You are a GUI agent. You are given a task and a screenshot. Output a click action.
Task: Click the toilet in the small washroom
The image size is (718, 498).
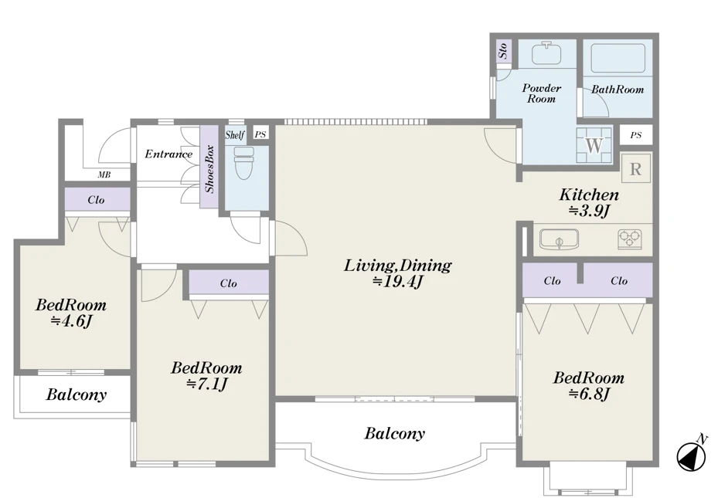click(x=244, y=163)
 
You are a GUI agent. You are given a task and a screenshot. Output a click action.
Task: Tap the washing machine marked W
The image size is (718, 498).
click(x=594, y=145)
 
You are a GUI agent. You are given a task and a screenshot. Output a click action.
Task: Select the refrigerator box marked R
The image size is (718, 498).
click(x=635, y=169)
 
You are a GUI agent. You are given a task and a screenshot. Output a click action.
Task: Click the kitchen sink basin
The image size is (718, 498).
click(x=559, y=239)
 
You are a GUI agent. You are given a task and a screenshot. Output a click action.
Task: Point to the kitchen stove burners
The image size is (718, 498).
click(x=629, y=239)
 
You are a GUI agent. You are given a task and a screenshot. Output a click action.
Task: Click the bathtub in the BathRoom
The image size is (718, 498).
click(x=618, y=58)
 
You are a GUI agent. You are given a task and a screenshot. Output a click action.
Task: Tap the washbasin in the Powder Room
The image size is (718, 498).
click(x=546, y=53)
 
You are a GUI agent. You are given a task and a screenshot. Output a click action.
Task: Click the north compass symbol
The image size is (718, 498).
click(x=692, y=454)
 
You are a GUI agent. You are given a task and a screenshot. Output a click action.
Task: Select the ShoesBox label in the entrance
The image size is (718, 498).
click(x=209, y=169)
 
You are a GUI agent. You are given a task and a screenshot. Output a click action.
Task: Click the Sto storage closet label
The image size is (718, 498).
click(x=503, y=50)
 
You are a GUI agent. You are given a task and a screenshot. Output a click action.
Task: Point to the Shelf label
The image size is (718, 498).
click(x=234, y=135)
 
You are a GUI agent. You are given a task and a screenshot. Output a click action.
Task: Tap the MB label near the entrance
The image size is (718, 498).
click(x=104, y=174)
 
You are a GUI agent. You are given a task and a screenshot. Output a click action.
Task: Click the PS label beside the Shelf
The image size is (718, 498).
click(x=260, y=134)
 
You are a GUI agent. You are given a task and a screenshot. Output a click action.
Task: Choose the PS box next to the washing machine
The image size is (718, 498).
click(x=635, y=135)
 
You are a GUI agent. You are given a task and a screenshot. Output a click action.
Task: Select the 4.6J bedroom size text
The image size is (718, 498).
click(x=71, y=321)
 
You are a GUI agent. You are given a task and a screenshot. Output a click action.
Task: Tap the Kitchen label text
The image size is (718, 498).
click(x=589, y=195)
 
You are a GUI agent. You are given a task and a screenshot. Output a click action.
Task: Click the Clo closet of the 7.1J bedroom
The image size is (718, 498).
click(x=229, y=283)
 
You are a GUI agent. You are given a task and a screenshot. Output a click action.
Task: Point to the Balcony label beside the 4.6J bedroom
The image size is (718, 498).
click(x=76, y=395)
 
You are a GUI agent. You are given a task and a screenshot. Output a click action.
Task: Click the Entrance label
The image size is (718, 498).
click(x=168, y=154)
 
